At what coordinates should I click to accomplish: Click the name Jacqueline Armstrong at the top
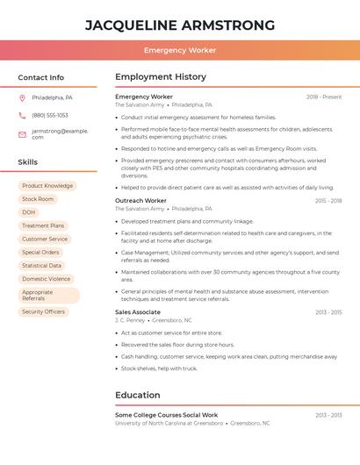pos(180,25)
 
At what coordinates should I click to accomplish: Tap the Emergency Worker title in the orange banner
pos(180,50)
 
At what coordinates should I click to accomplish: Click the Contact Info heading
pos(41,77)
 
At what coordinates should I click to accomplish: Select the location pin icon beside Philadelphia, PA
pos(22,98)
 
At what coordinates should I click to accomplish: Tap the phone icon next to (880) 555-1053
pos(22,115)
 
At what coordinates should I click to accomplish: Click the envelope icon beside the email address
pos(22,134)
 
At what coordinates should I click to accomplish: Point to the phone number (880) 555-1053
pos(50,115)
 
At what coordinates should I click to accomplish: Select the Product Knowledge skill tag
pos(47,186)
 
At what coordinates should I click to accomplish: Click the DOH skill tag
pos(29,212)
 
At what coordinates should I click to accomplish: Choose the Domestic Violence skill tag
pos(47,279)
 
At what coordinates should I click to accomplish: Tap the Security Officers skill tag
pos(43,311)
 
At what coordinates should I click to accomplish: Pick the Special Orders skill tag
pos(40,252)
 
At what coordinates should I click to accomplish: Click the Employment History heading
pos(161,77)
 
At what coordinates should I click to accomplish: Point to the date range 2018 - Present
pos(324,97)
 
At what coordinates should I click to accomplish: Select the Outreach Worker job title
pos(140,200)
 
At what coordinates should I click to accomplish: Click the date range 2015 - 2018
pos(328,201)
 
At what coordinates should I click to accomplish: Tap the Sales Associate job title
pos(138,311)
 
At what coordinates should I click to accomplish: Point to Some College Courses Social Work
pos(166,415)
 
